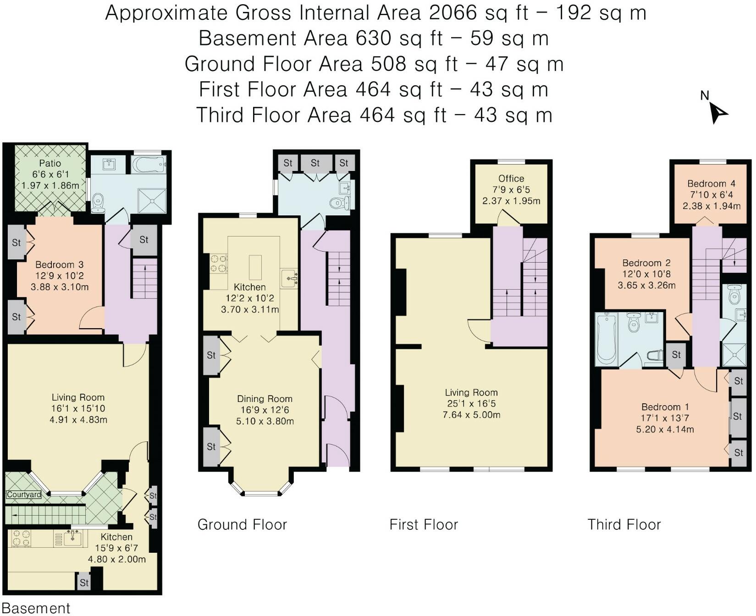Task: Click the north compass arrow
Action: [x=718, y=113]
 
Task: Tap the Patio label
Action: [x=50, y=163]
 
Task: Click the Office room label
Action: [x=511, y=178]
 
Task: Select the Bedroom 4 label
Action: [x=711, y=184]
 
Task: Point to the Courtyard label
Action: [x=24, y=495]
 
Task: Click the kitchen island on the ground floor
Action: [x=255, y=267]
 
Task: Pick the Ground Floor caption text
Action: [x=242, y=524]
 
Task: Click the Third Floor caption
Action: [x=624, y=524]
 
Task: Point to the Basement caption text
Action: [x=36, y=608]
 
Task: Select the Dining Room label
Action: [x=265, y=399]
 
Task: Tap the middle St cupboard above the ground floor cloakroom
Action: [x=315, y=163]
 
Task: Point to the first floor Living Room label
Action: [x=471, y=392]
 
